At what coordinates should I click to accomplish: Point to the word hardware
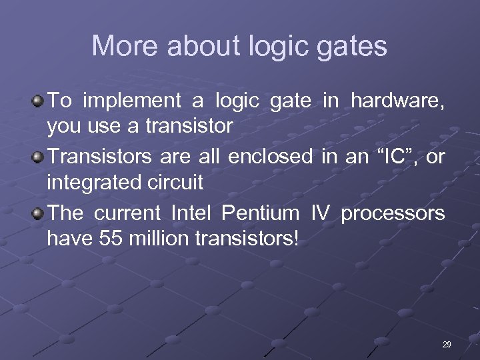[x=397, y=101]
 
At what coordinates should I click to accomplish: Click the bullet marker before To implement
[x=38, y=101]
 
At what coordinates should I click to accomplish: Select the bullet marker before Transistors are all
[x=38, y=157]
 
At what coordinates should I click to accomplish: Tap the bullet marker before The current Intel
[x=38, y=213]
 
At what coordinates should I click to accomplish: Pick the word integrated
[x=89, y=181]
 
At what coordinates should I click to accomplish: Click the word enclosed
[x=270, y=157]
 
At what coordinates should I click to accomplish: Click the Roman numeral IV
[x=321, y=213]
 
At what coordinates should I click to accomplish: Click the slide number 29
[x=447, y=344]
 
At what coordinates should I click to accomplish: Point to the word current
[x=127, y=213]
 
